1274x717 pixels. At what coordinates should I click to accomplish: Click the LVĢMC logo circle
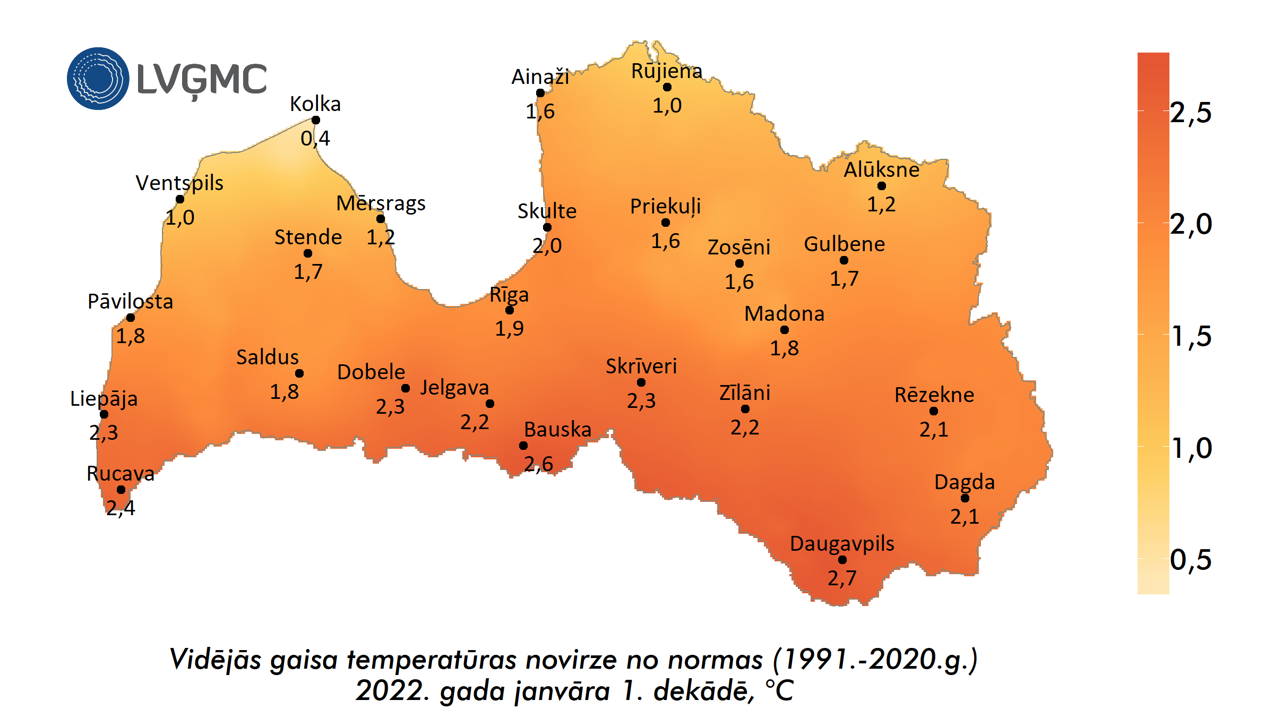[x=98, y=79]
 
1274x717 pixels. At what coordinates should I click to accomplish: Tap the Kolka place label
[x=315, y=104]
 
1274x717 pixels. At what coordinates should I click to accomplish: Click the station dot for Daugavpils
[x=842, y=560]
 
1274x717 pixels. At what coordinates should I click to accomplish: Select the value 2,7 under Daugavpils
[x=842, y=578]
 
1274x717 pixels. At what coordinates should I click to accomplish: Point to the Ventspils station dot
[x=180, y=199]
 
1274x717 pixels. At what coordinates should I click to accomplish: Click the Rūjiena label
[x=667, y=71]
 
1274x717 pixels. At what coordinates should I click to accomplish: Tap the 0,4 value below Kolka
[x=315, y=139]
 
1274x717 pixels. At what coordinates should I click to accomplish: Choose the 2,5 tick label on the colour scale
[x=1191, y=113]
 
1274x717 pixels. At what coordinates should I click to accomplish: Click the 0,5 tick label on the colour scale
[x=1191, y=560]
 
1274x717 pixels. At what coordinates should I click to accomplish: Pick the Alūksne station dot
[x=882, y=186]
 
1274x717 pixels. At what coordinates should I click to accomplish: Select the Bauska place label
[x=557, y=429]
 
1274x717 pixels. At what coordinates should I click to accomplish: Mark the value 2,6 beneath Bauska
[x=539, y=464]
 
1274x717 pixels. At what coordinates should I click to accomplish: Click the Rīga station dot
[x=510, y=310]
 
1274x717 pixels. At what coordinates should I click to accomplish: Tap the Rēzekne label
[x=934, y=395]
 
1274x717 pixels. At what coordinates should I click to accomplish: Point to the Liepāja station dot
[x=104, y=414]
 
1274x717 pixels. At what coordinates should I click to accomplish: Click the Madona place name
[x=785, y=314]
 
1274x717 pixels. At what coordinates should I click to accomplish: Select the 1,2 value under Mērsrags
[x=381, y=237]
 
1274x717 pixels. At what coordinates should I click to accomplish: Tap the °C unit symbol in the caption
[x=779, y=691]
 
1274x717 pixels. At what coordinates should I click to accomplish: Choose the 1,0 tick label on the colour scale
[x=1191, y=448]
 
